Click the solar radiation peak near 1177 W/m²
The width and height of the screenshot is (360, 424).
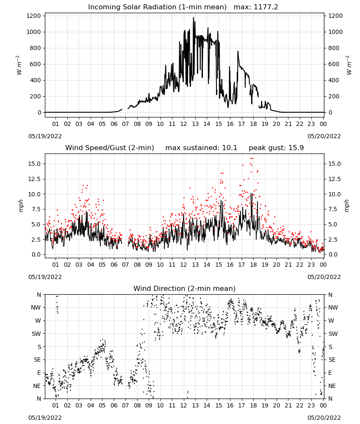click(194, 18)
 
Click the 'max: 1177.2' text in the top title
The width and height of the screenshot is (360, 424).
click(256, 7)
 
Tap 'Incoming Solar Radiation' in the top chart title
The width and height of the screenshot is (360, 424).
click(132, 7)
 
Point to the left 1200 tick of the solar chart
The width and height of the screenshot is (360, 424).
click(33, 16)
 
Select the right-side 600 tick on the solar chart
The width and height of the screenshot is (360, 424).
click(334, 64)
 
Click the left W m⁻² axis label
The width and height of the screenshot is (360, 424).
click(19, 65)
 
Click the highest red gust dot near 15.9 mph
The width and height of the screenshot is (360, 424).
click(252, 159)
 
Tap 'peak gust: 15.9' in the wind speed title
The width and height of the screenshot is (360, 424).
click(276, 148)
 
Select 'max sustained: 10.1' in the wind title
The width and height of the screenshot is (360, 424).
click(201, 148)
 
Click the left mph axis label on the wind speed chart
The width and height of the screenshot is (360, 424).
click(21, 206)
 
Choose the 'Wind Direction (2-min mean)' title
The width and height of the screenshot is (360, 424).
click(185, 288)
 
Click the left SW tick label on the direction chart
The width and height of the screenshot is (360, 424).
click(36, 334)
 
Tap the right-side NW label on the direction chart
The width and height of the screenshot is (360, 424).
click(333, 307)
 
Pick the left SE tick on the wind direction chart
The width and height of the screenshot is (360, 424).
click(37, 360)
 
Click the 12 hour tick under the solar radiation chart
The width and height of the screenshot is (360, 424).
click(184, 124)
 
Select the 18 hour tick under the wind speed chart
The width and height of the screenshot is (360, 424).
click(253, 265)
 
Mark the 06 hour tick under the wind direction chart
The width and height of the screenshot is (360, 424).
click(114, 405)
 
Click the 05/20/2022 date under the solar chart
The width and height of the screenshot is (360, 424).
click(324, 136)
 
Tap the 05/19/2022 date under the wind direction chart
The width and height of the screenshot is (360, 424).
click(45, 418)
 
